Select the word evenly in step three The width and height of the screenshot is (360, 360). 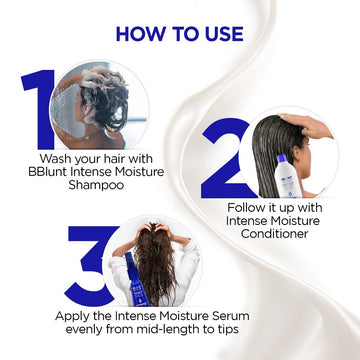pyautogui.click(x=108, y=330)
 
